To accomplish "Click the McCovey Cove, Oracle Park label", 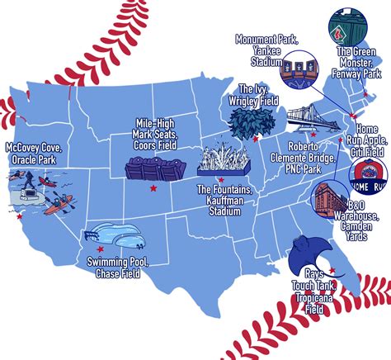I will (35, 154).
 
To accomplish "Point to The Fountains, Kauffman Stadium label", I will (224, 201).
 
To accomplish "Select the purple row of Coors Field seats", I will (154, 172).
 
